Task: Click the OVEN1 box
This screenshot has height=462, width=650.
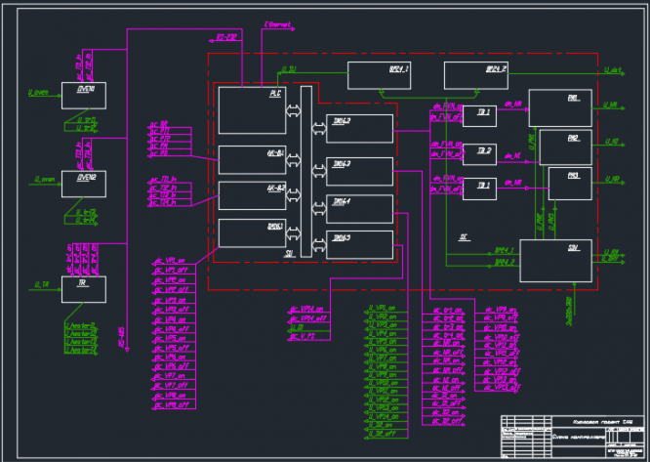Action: (x=83, y=96)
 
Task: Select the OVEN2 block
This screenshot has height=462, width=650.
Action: (x=83, y=183)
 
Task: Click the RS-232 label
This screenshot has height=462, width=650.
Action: (x=226, y=37)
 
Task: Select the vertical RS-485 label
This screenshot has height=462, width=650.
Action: (x=121, y=337)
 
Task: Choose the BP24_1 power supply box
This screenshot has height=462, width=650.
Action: (x=379, y=75)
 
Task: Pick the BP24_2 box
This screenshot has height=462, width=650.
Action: (x=475, y=75)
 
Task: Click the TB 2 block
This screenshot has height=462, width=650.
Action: (x=478, y=152)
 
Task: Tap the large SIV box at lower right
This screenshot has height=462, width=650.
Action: (x=555, y=260)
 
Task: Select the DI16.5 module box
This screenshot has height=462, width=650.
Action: (x=360, y=244)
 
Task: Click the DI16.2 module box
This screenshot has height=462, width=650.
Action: (x=360, y=128)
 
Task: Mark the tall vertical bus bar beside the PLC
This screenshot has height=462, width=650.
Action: (x=305, y=171)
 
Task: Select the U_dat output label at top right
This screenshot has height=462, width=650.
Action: (x=613, y=70)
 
